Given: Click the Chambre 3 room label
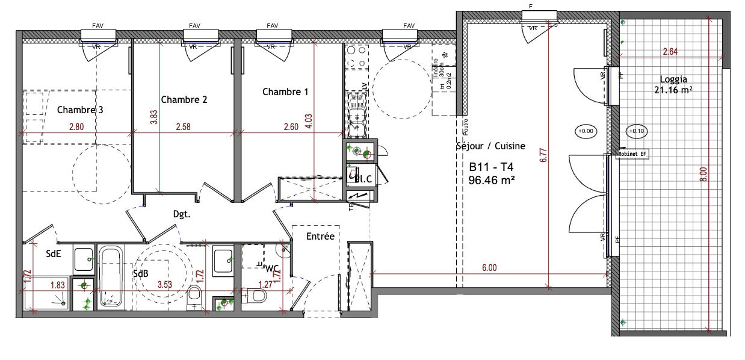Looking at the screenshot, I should click(80, 110).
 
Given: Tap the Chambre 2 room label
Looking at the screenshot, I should click(184, 99).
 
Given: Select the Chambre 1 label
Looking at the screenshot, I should click(285, 92).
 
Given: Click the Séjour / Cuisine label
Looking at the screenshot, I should click(490, 146).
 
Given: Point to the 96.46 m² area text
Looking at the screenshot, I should click(491, 179).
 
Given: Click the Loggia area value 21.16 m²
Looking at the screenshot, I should click(673, 90).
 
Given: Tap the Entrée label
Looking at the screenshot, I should click(320, 237).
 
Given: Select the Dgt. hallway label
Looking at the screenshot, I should click(182, 214).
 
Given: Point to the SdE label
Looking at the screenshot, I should click(54, 254).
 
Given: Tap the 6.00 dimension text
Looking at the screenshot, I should click(489, 268).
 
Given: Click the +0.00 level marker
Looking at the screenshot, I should click(585, 131).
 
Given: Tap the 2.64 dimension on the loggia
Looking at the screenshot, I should click(670, 52).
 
